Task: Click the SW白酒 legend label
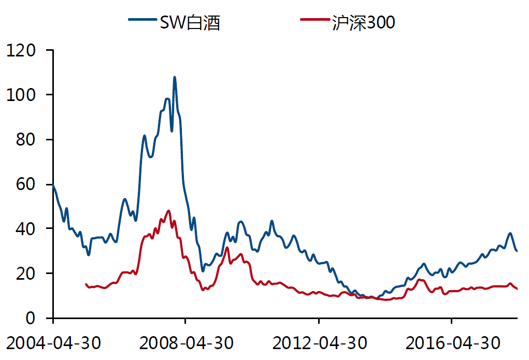[190, 22]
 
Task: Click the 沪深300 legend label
[364, 22]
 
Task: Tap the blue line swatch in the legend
[143, 21]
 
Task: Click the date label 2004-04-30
[54, 343]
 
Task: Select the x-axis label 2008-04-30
[187, 343]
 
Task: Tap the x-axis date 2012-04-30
[320, 343]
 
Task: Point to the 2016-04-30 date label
[452, 343]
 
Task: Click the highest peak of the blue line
[175, 77]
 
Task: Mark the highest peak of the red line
[168, 210]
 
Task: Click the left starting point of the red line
[86, 284]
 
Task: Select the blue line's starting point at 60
[53, 184]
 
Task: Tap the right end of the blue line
[517, 251]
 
